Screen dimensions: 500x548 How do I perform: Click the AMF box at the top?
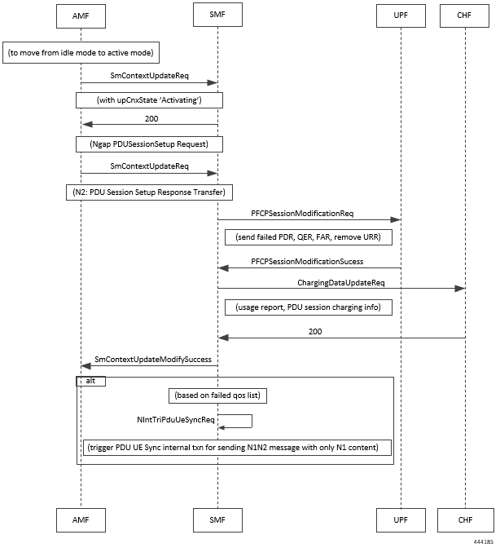(x=81, y=16)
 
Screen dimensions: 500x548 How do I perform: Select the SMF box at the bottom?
(x=217, y=520)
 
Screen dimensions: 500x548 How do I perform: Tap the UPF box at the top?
(x=401, y=15)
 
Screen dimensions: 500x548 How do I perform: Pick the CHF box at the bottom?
(x=466, y=520)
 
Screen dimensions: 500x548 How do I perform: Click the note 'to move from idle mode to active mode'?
(x=81, y=53)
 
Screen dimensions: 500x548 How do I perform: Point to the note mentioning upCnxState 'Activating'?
(x=149, y=100)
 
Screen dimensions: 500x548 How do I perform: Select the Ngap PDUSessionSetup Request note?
(x=149, y=144)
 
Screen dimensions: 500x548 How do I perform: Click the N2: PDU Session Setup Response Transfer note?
(x=149, y=192)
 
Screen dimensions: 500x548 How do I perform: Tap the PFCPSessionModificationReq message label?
(x=302, y=213)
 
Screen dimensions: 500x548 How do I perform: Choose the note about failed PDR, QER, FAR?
(x=309, y=237)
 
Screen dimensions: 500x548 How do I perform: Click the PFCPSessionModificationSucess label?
(x=307, y=262)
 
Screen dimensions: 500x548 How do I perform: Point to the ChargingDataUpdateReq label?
(x=341, y=282)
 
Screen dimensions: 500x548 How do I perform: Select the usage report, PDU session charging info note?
(x=309, y=307)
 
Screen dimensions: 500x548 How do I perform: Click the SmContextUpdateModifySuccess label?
(x=153, y=360)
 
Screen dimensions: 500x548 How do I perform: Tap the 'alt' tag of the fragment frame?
(x=90, y=381)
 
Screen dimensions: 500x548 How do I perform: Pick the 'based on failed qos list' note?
(x=217, y=396)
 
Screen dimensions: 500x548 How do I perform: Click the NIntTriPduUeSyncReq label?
(x=176, y=419)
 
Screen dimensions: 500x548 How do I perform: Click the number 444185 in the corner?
(x=484, y=541)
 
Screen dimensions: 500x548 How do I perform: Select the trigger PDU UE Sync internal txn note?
(x=237, y=448)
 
